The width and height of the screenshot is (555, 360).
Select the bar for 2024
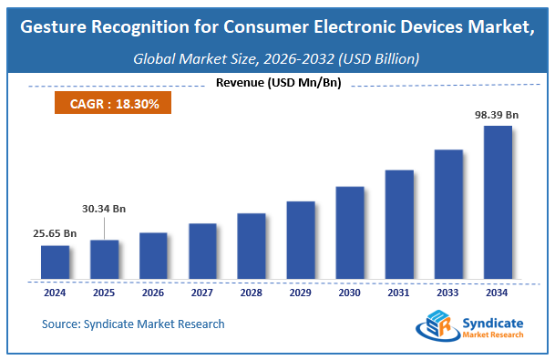pos(55,262)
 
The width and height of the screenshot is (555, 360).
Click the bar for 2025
pos(104,259)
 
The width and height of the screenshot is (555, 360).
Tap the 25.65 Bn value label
pos(55,233)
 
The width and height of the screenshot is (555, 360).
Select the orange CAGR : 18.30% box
pos(114,104)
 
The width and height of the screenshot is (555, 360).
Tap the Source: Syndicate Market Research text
pos(133,324)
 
